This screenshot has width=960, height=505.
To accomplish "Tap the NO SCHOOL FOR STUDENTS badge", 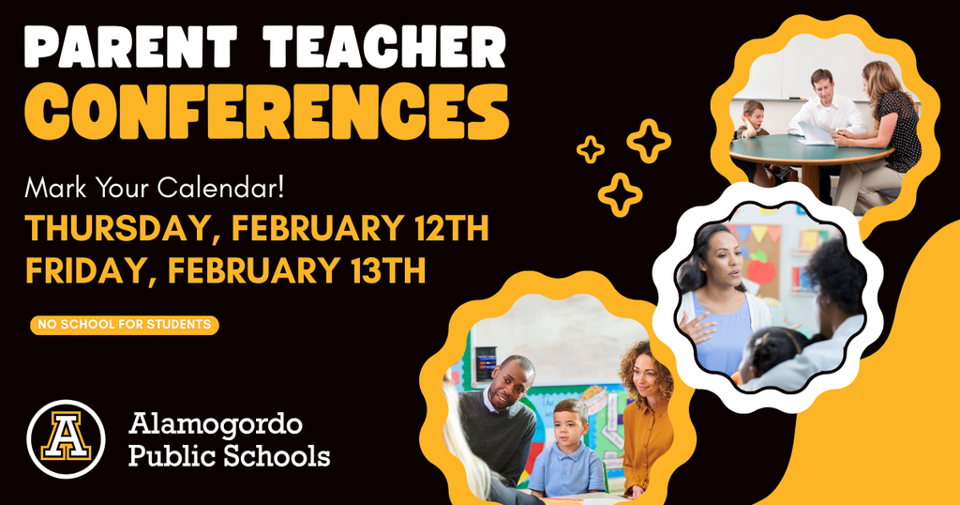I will point(125,325).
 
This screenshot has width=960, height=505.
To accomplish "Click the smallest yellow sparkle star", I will point(590,149).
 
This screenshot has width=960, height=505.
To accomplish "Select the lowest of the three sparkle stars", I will point(620,194).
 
